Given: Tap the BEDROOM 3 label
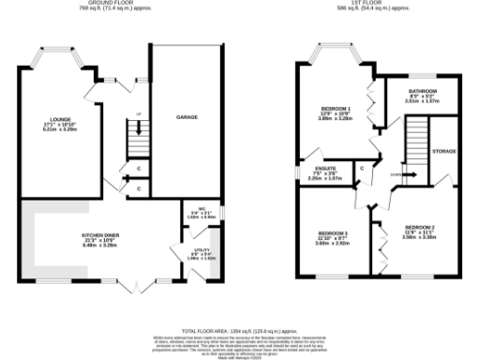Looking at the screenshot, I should [x=332, y=232].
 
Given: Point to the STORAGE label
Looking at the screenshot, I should [x=443, y=151].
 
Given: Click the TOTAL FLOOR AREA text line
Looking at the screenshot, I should [x=239, y=331].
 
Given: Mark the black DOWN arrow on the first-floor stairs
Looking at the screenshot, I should [x=397, y=174].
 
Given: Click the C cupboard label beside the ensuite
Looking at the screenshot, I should [x=360, y=169].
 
